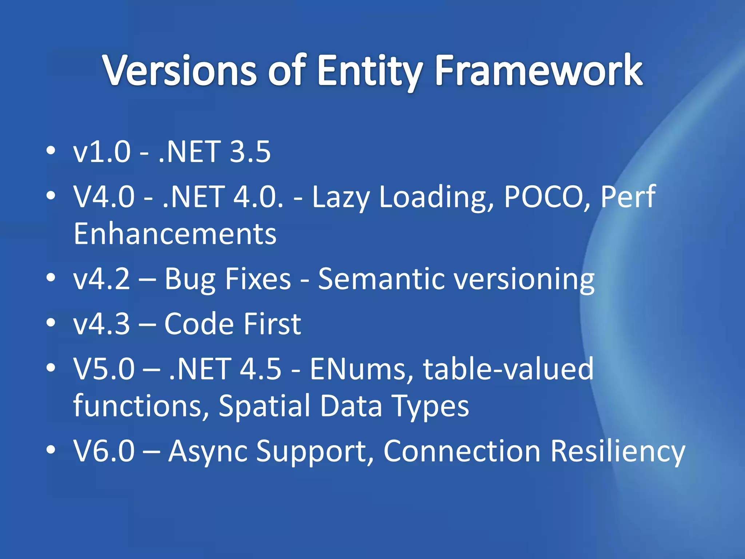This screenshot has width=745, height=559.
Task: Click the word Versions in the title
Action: point(180,70)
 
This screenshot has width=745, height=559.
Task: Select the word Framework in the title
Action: point(539,70)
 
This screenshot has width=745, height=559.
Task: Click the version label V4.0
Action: point(104,197)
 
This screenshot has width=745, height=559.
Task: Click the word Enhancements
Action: point(175,234)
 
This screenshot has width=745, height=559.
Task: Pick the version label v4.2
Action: point(101,279)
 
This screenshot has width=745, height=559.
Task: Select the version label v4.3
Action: point(101,324)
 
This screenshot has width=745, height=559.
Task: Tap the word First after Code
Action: point(272,324)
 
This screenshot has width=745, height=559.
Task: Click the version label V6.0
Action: point(104,451)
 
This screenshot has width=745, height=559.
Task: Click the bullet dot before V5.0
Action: point(51,368)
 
